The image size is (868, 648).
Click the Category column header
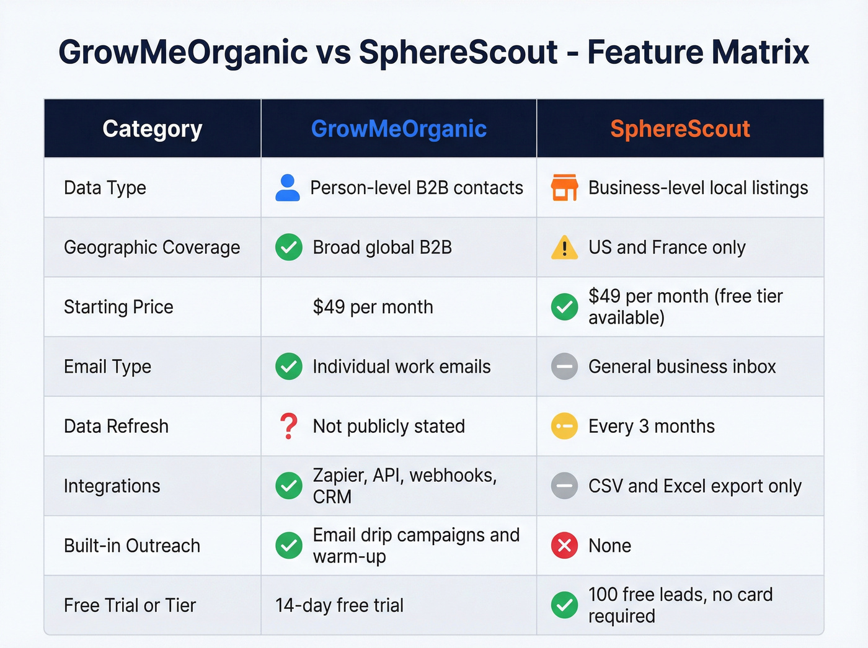point(153,129)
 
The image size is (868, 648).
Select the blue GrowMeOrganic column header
point(399,129)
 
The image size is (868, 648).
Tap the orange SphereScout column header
point(680,129)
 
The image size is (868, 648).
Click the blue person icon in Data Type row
point(288,188)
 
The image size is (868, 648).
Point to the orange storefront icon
point(564,187)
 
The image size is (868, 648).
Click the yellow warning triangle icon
point(564,247)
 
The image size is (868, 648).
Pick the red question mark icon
point(288,426)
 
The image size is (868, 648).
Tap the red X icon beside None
point(564,546)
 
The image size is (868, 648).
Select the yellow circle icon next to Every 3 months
point(564,426)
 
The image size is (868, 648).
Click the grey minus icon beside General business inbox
point(564,366)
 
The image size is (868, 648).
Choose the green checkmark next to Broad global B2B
point(289,247)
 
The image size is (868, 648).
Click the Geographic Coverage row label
point(152,247)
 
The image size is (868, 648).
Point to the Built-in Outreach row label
point(132,546)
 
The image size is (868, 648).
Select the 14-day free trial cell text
point(339,605)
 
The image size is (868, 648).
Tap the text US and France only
point(666,247)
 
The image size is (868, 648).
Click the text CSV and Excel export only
point(694,486)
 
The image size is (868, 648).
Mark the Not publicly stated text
point(389,426)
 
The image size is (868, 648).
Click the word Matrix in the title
point(759,52)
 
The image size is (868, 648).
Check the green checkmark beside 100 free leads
point(564,605)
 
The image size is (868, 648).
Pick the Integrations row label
point(112,486)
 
